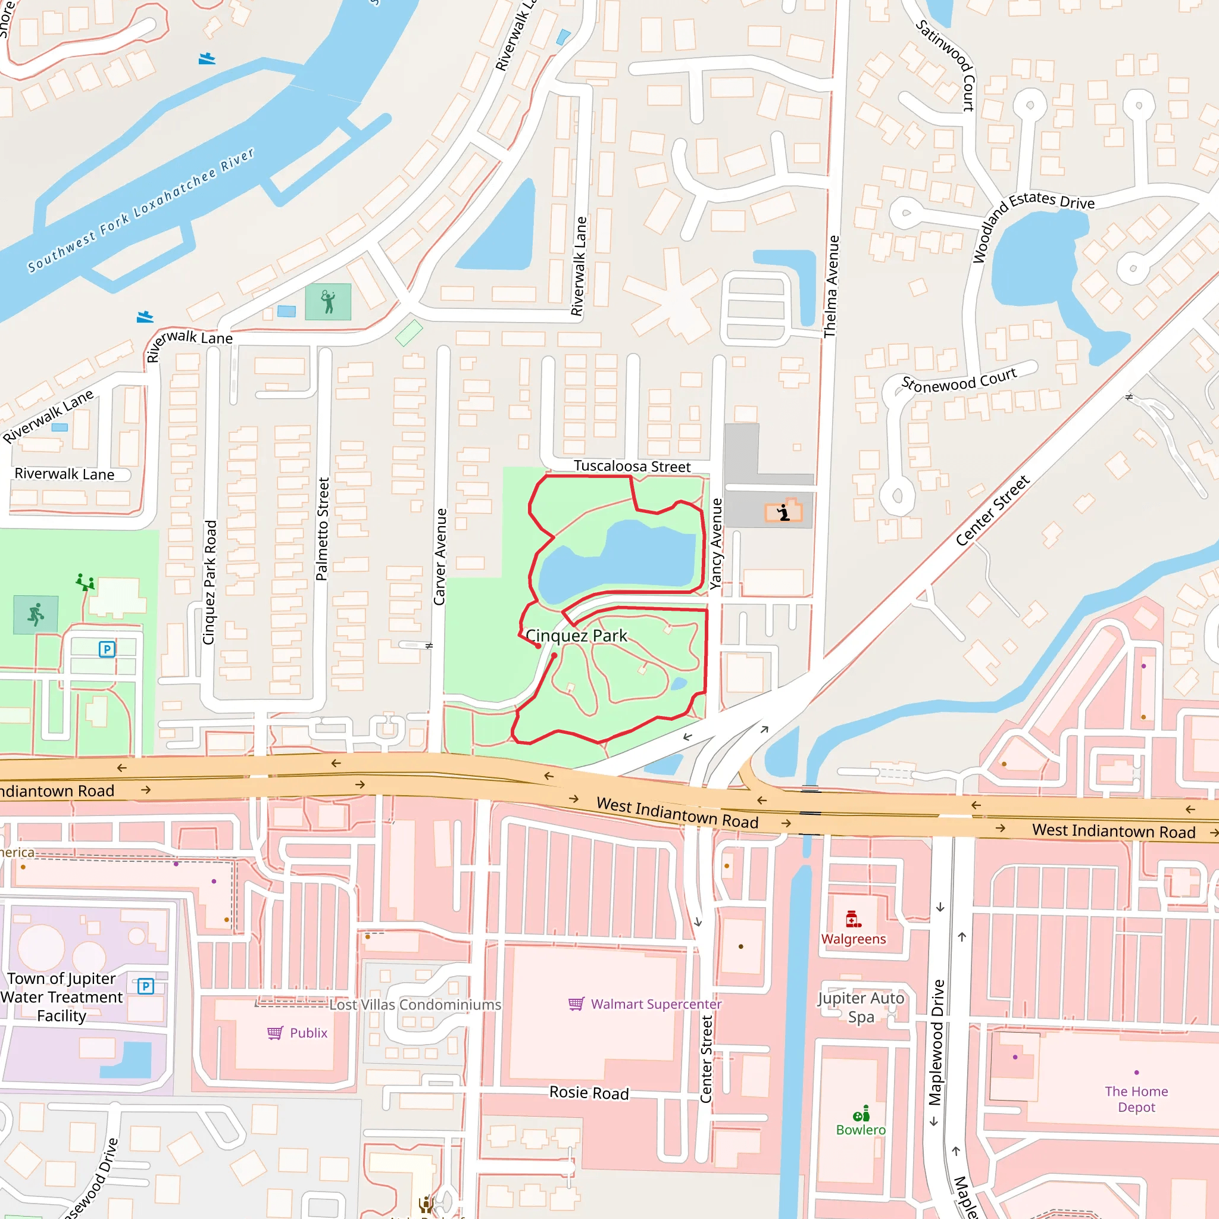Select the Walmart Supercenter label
655,1004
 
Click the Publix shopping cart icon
275,1033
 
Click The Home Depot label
1136,1099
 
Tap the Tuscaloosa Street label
632,466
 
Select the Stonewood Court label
958,380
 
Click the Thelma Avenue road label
832,286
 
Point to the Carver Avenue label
440,557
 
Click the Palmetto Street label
323,529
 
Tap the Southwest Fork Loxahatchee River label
140,210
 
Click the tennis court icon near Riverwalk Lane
328,302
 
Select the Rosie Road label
589,1093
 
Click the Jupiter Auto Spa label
861,1007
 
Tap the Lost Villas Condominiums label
415,1005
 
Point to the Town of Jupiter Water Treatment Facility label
62,997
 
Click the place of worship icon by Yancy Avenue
784,512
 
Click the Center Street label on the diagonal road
992,511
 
